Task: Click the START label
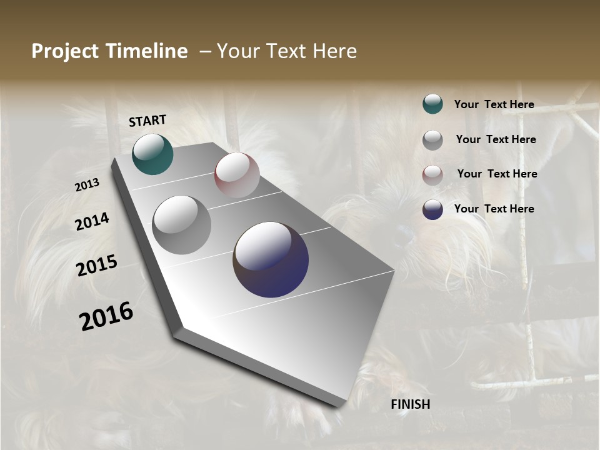(x=147, y=121)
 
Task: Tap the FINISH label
(x=411, y=404)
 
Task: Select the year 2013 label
(x=87, y=185)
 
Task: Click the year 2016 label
(x=106, y=316)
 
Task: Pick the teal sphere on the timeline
(x=152, y=154)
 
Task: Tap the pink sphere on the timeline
(x=237, y=175)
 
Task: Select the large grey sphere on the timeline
(x=182, y=225)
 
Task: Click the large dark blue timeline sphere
(x=271, y=259)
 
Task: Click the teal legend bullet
(x=432, y=104)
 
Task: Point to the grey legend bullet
(x=432, y=140)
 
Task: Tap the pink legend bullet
(x=432, y=174)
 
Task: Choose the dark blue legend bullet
(x=432, y=209)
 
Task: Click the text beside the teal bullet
(x=494, y=104)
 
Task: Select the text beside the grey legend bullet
(x=496, y=139)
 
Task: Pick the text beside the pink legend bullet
(x=497, y=174)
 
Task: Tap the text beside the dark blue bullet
(x=494, y=209)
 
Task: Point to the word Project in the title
(x=64, y=51)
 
